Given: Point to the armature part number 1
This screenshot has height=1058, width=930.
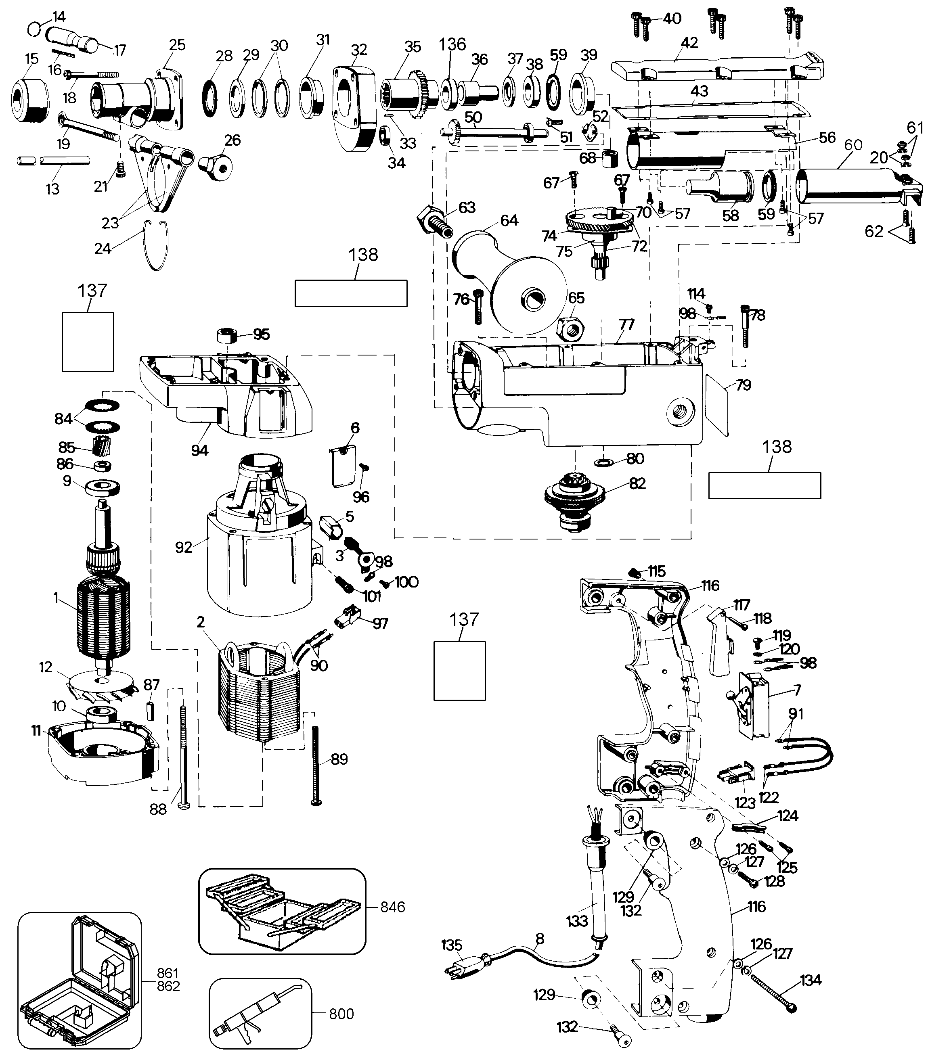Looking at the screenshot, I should (x=55, y=598).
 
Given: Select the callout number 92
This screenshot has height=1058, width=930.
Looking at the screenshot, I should (x=184, y=547).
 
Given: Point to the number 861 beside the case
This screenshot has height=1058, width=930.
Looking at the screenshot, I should (x=168, y=973).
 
